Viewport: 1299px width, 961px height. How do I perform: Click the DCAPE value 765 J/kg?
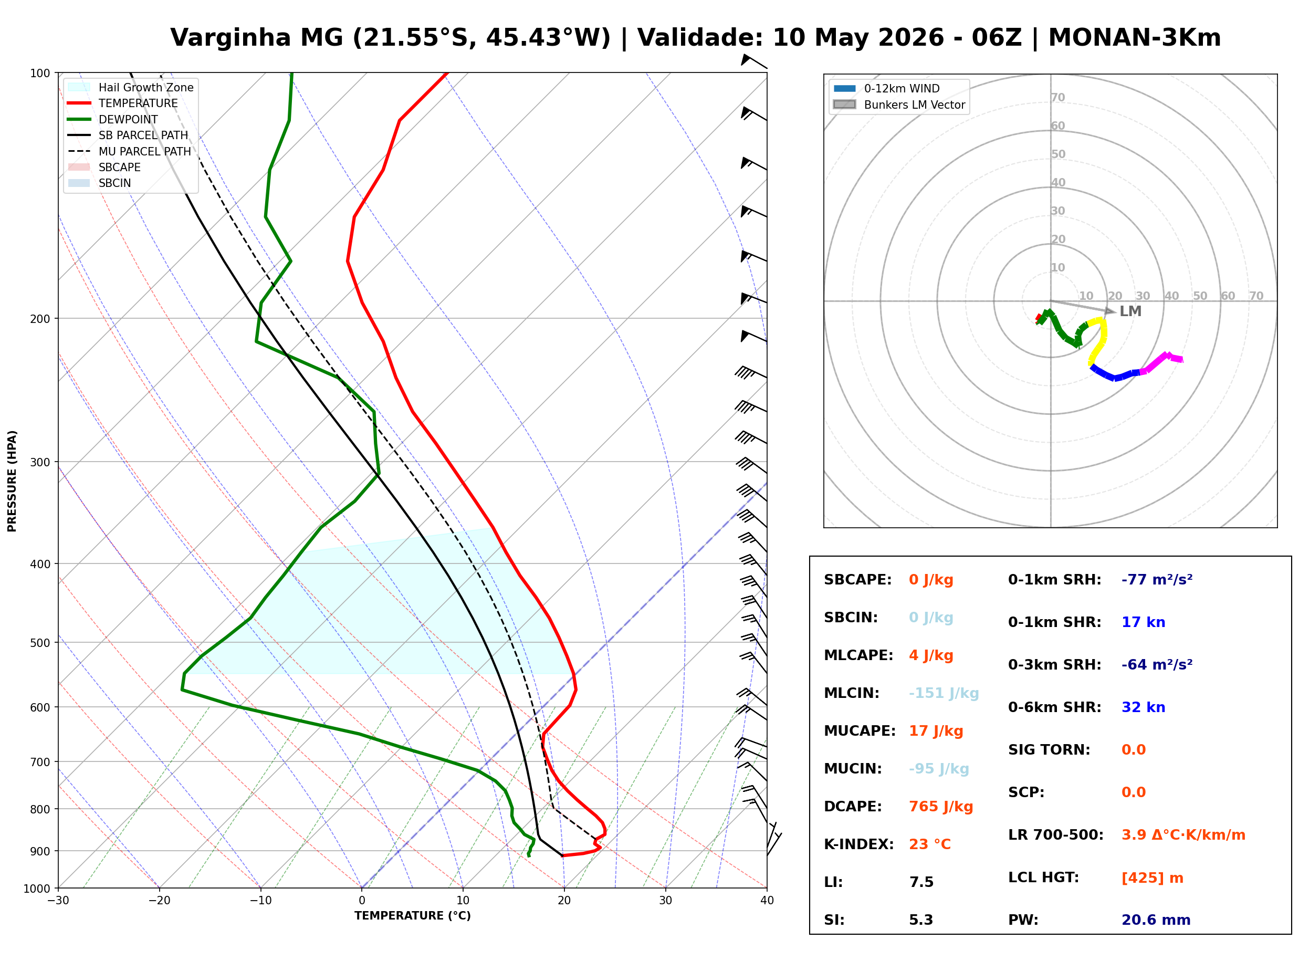pos(941,807)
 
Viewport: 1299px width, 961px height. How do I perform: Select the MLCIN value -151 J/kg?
pos(944,693)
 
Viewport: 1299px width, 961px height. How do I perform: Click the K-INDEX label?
pos(858,844)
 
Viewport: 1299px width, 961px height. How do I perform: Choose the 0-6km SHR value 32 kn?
pos(1143,707)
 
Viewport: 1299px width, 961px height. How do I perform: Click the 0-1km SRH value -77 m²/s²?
pos(1157,580)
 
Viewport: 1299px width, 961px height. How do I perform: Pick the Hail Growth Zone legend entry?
pos(131,87)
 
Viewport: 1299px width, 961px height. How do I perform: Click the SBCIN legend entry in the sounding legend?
pos(99,183)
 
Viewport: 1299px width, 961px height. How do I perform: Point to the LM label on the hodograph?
pos(1130,311)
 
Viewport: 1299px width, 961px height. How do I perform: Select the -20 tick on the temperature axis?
pos(159,901)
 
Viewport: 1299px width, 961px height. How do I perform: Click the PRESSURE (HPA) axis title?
pos(12,481)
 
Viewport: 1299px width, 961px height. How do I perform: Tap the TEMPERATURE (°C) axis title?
pos(412,916)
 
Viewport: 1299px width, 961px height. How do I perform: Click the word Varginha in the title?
pos(231,38)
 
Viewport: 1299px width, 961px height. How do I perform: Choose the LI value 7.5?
pos(921,882)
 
